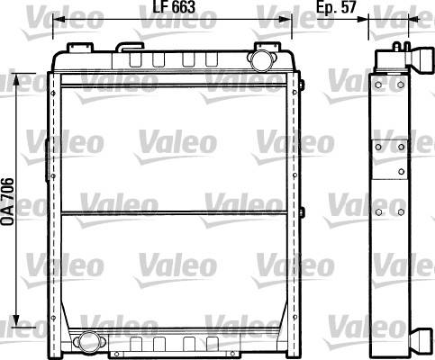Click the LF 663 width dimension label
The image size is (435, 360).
[174, 6]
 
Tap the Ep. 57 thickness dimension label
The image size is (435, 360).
[336, 6]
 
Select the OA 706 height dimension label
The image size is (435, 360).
[7, 202]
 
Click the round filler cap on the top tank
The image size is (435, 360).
[261, 60]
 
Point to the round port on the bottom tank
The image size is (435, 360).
[89, 341]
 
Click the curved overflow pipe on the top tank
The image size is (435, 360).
[130, 47]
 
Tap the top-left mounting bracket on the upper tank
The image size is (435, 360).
[80, 47]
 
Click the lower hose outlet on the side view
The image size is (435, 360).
[422, 342]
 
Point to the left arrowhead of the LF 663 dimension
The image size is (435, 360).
[59, 20]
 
